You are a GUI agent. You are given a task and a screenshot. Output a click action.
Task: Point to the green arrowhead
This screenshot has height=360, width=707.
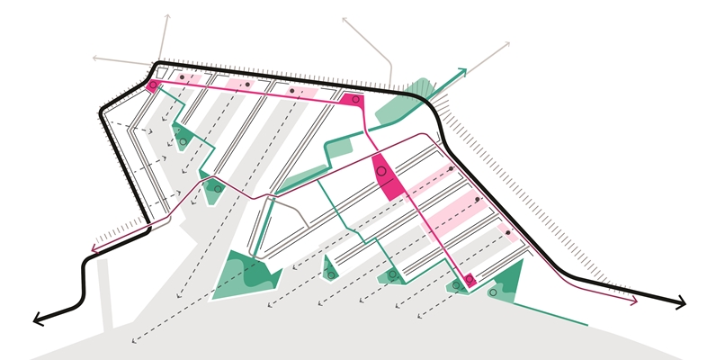coord(462,71)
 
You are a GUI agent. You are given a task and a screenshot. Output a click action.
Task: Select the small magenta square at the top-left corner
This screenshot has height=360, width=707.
coord(152,86)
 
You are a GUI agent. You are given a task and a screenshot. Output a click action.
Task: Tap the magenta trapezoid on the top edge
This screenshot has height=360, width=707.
coord(353,99)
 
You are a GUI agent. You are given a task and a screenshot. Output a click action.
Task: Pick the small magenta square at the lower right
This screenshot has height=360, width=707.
coord(469,280)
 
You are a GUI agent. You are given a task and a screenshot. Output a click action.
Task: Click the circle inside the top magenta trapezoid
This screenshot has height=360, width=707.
coord(356,98)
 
